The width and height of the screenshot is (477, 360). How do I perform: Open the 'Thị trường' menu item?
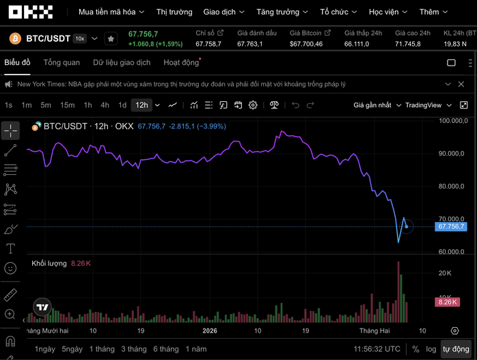coord(174,12)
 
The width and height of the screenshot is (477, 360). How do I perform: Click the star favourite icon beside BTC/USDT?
coord(111,39)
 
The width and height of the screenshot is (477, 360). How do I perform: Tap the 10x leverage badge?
coord(79,39)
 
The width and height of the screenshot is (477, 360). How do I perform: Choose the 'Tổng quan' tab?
coord(62,62)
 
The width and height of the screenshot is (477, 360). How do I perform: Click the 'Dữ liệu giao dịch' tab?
coord(122,62)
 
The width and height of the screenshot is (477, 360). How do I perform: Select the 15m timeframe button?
coord(67,105)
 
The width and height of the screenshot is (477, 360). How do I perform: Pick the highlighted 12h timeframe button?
coord(141,105)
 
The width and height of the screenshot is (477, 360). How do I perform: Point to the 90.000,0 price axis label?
coord(452,154)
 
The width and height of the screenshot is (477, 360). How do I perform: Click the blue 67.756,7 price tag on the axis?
coord(451,226)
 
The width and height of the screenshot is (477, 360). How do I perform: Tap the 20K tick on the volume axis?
coord(444,273)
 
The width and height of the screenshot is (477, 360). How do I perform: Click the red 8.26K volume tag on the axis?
coord(447,302)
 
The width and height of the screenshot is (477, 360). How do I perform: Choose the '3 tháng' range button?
coord(133,348)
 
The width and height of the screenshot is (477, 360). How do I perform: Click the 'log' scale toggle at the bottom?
coord(431,348)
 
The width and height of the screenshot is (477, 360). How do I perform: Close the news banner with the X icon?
coord(465,84)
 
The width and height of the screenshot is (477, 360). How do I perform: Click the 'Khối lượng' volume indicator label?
coord(49,263)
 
